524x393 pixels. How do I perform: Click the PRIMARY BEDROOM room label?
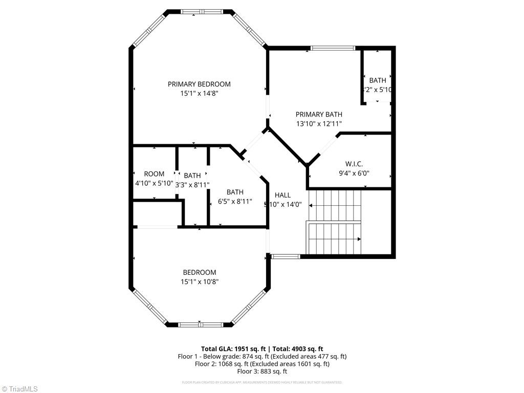coord(199,84)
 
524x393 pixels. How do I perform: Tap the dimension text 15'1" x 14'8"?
coord(199,94)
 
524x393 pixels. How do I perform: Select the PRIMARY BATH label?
coord(318,114)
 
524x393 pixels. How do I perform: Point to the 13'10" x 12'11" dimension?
coord(318,123)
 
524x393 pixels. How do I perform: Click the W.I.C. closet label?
coord(354,164)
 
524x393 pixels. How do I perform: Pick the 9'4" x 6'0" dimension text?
coord(354,173)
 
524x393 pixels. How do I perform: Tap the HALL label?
coord(282,195)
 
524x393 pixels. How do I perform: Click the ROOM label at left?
coord(154,174)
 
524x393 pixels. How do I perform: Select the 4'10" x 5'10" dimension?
coord(154,183)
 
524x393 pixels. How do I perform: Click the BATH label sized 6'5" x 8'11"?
coord(235,192)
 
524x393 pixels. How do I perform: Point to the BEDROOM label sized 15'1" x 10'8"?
coord(199,272)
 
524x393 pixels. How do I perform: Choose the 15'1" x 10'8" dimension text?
coord(199,281)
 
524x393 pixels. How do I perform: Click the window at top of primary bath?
coord(333,49)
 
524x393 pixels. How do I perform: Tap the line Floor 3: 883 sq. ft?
coord(261,372)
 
